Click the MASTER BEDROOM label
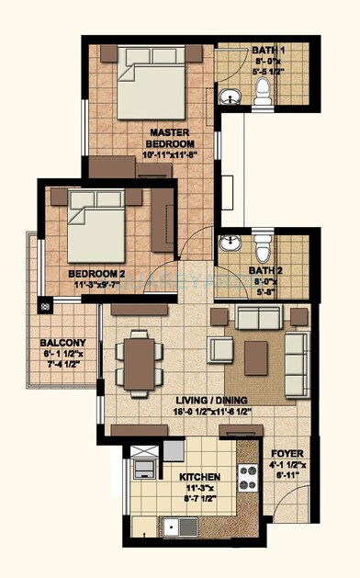tap(171, 138)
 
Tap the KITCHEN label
tap(174, 476)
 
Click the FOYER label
tap(287, 454)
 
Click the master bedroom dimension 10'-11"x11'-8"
tap(171, 155)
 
